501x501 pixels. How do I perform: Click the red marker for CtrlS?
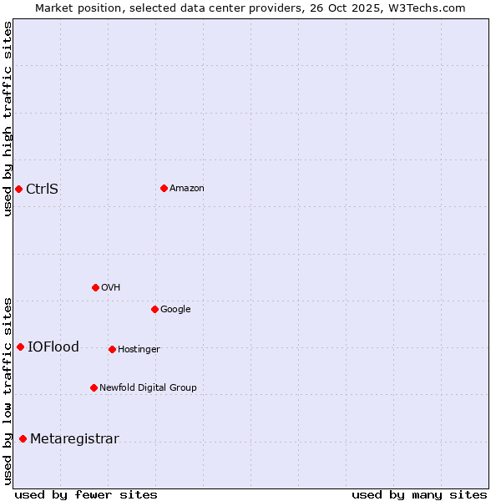click(18, 189)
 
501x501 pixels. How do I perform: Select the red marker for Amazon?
click(164, 188)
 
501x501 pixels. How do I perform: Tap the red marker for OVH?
click(95, 287)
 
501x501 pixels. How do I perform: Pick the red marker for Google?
click(154, 309)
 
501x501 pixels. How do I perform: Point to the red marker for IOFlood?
click(20, 347)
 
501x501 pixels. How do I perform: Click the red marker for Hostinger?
click(112, 349)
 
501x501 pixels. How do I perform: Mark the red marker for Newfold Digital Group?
click(94, 387)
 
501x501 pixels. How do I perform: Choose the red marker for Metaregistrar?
click(23, 438)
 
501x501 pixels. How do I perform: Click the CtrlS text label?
click(42, 189)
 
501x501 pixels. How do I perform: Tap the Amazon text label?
click(187, 188)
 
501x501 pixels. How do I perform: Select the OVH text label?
click(111, 287)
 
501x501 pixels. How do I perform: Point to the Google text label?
click(175, 309)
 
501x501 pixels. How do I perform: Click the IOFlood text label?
click(53, 347)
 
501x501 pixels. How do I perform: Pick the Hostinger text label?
click(139, 349)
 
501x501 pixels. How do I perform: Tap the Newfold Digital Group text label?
click(148, 387)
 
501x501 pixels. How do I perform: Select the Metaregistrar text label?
click(74, 438)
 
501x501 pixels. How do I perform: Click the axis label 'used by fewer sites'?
click(86, 494)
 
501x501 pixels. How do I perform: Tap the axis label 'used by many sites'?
click(419, 494)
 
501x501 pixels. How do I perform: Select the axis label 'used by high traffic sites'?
click(8, 119)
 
